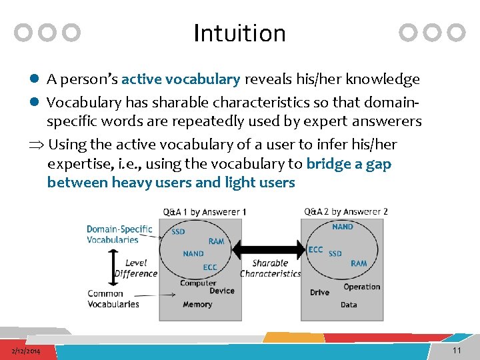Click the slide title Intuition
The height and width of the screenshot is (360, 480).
(x=239, y=33)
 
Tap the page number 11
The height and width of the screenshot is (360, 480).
(x=457, y=351)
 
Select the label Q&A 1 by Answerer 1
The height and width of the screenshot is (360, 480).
(x=205, y=212)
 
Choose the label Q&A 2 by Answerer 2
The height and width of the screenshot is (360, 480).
(x=346, y=212)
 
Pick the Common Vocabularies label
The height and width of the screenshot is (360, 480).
(x=113, y=299)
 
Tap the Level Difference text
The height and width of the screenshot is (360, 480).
(x=136, y=268)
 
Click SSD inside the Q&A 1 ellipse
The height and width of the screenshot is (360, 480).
(x=179, y=232)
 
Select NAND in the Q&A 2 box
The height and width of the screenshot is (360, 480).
(x=343, y=227)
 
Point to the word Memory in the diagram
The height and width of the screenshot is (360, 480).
(x=197, y=305)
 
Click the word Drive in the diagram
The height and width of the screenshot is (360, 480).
(x=319, y=293)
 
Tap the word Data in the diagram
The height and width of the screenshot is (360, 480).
(x=349, y=305)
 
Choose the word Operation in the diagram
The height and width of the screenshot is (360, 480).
(x=361, y=287)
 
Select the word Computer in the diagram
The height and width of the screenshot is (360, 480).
(x=197, y=283)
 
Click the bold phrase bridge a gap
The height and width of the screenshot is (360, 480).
(x=348, y=164)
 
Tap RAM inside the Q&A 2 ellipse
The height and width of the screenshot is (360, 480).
(x=359, y=263)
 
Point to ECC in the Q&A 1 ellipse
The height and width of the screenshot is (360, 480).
(x=210, y=268)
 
